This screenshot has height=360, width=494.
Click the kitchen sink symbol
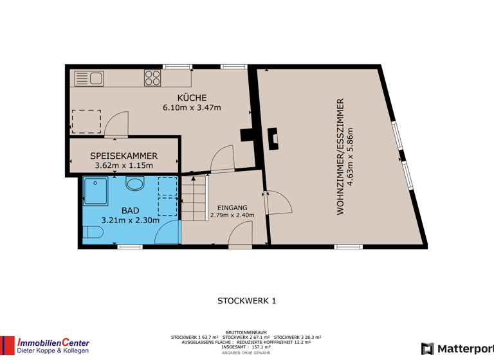click(89, 79)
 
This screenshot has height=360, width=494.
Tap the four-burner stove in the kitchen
click(152, 78)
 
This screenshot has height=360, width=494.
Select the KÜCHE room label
click(192, 98)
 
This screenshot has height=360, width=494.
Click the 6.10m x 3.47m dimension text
click(192, 107)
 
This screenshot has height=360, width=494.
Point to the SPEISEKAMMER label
click(123, 156)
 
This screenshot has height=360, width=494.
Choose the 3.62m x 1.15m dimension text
click(123, 165)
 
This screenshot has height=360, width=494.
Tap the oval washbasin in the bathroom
click(135, 184)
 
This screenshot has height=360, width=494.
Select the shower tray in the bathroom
click(97, 191)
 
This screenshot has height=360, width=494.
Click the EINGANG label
click(232, 207)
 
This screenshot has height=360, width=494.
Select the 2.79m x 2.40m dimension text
click(232, 215)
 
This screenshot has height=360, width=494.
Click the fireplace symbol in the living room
click(273, 138)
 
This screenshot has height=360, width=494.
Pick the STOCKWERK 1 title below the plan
click(246, 300)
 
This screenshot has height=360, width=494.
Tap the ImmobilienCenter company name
click(53, 343)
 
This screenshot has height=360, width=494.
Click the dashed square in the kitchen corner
click(86, 121)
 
